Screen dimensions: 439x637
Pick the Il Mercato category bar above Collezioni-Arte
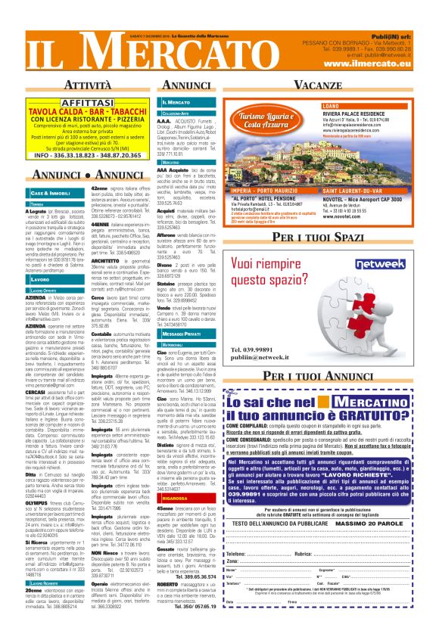click(177, 101)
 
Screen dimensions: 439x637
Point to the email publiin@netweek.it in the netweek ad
click(239, 358)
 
